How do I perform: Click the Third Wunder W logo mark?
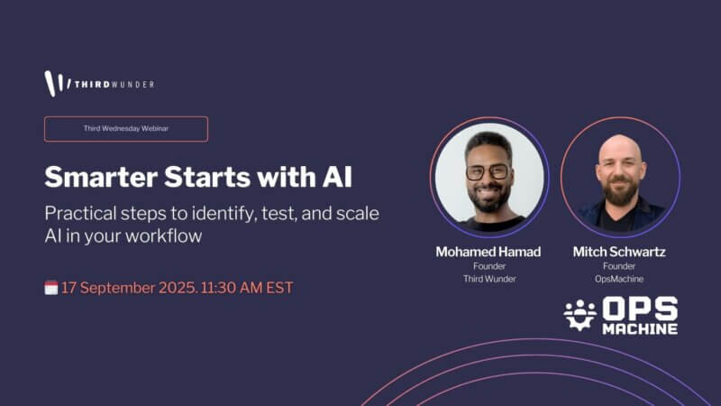54,83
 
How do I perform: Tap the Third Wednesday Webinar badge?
126,129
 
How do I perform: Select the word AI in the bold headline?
337,177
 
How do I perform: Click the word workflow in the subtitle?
164,235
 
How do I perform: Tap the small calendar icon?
51,288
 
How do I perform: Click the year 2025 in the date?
178,288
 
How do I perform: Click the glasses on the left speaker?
488,172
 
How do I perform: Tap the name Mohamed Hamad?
488,252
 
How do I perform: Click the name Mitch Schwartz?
619,252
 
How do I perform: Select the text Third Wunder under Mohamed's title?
489,279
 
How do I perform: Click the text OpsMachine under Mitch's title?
619,279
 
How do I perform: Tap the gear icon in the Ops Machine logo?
580,315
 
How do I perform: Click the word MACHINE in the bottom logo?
640,328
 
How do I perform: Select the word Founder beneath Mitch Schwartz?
619,266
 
